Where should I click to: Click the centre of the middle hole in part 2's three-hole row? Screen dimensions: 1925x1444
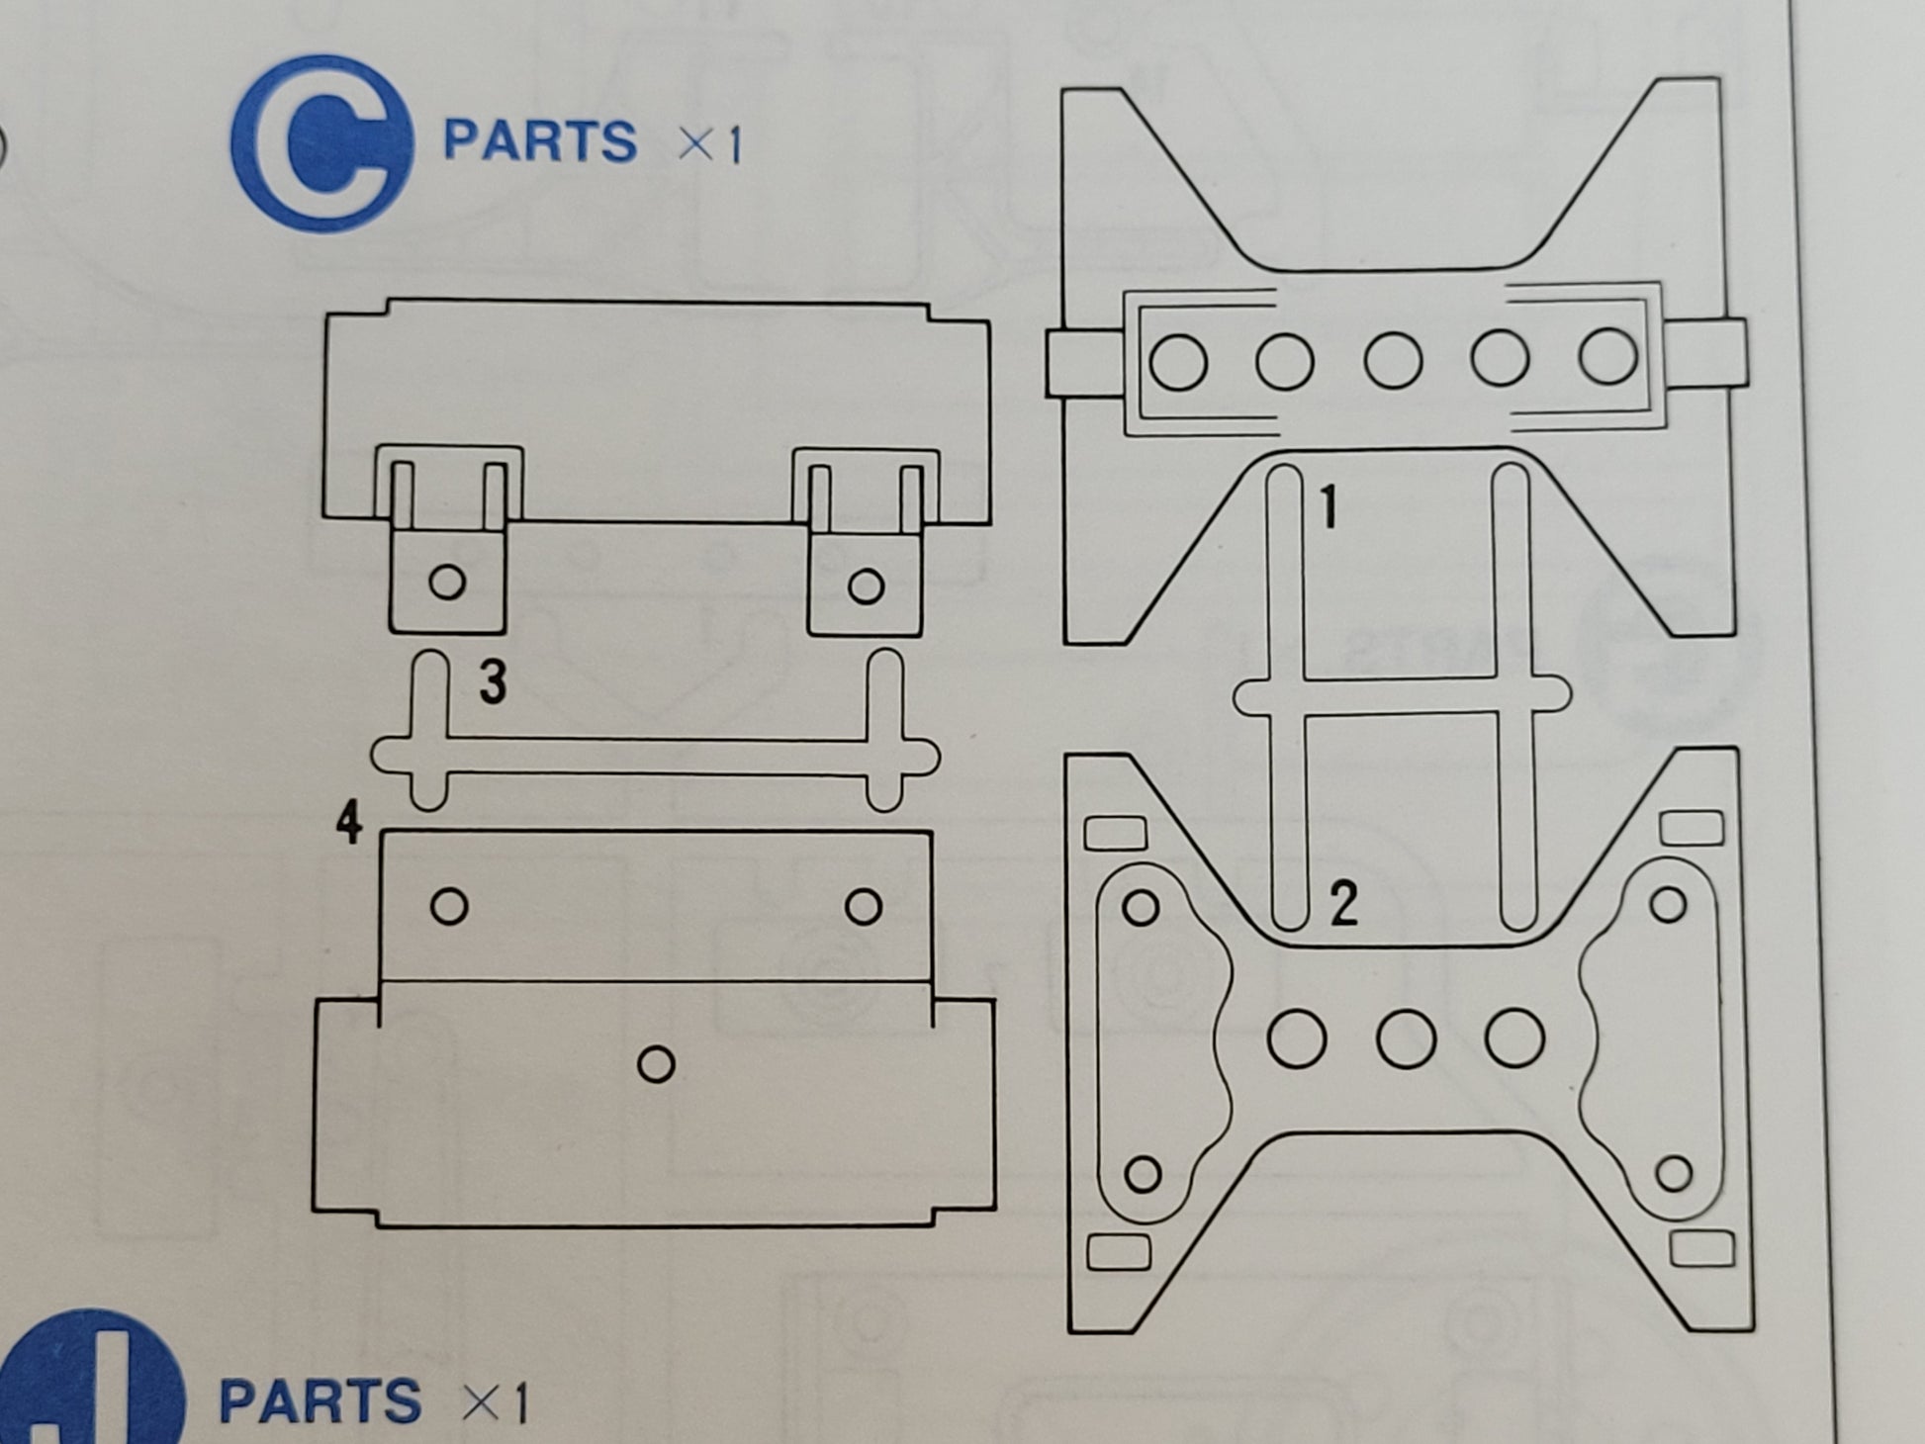coord(1406,1038)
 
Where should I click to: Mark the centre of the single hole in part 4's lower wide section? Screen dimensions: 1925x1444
coord(656,1064)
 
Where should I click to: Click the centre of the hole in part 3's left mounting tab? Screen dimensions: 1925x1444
coord(447,582)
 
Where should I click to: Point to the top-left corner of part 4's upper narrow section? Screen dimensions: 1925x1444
coord(381,832)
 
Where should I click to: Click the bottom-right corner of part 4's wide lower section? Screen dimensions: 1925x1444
coord(993,1211)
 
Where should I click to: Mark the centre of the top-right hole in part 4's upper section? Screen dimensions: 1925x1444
coord(864,906)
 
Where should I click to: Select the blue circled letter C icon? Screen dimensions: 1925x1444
coord(321,143)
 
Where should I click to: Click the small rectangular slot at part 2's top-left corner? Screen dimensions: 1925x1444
coord(1115,833)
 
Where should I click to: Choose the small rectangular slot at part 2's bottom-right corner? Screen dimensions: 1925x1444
coord(1701,1249)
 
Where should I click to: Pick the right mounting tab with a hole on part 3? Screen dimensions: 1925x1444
coord(865,581)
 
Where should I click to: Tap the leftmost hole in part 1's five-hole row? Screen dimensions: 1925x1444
coord(1178,361)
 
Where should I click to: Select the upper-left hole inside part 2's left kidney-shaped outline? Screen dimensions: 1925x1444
coord(1142,907)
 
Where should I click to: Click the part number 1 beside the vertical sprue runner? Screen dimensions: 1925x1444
coord(1329,507)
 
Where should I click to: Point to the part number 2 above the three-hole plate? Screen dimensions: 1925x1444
coord(1343,903)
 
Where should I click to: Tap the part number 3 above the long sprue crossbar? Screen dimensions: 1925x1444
coord(493,681)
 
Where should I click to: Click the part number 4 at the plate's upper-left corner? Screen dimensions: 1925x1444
coord(348,822)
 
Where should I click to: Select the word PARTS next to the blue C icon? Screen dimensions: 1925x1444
coord(540,141)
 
